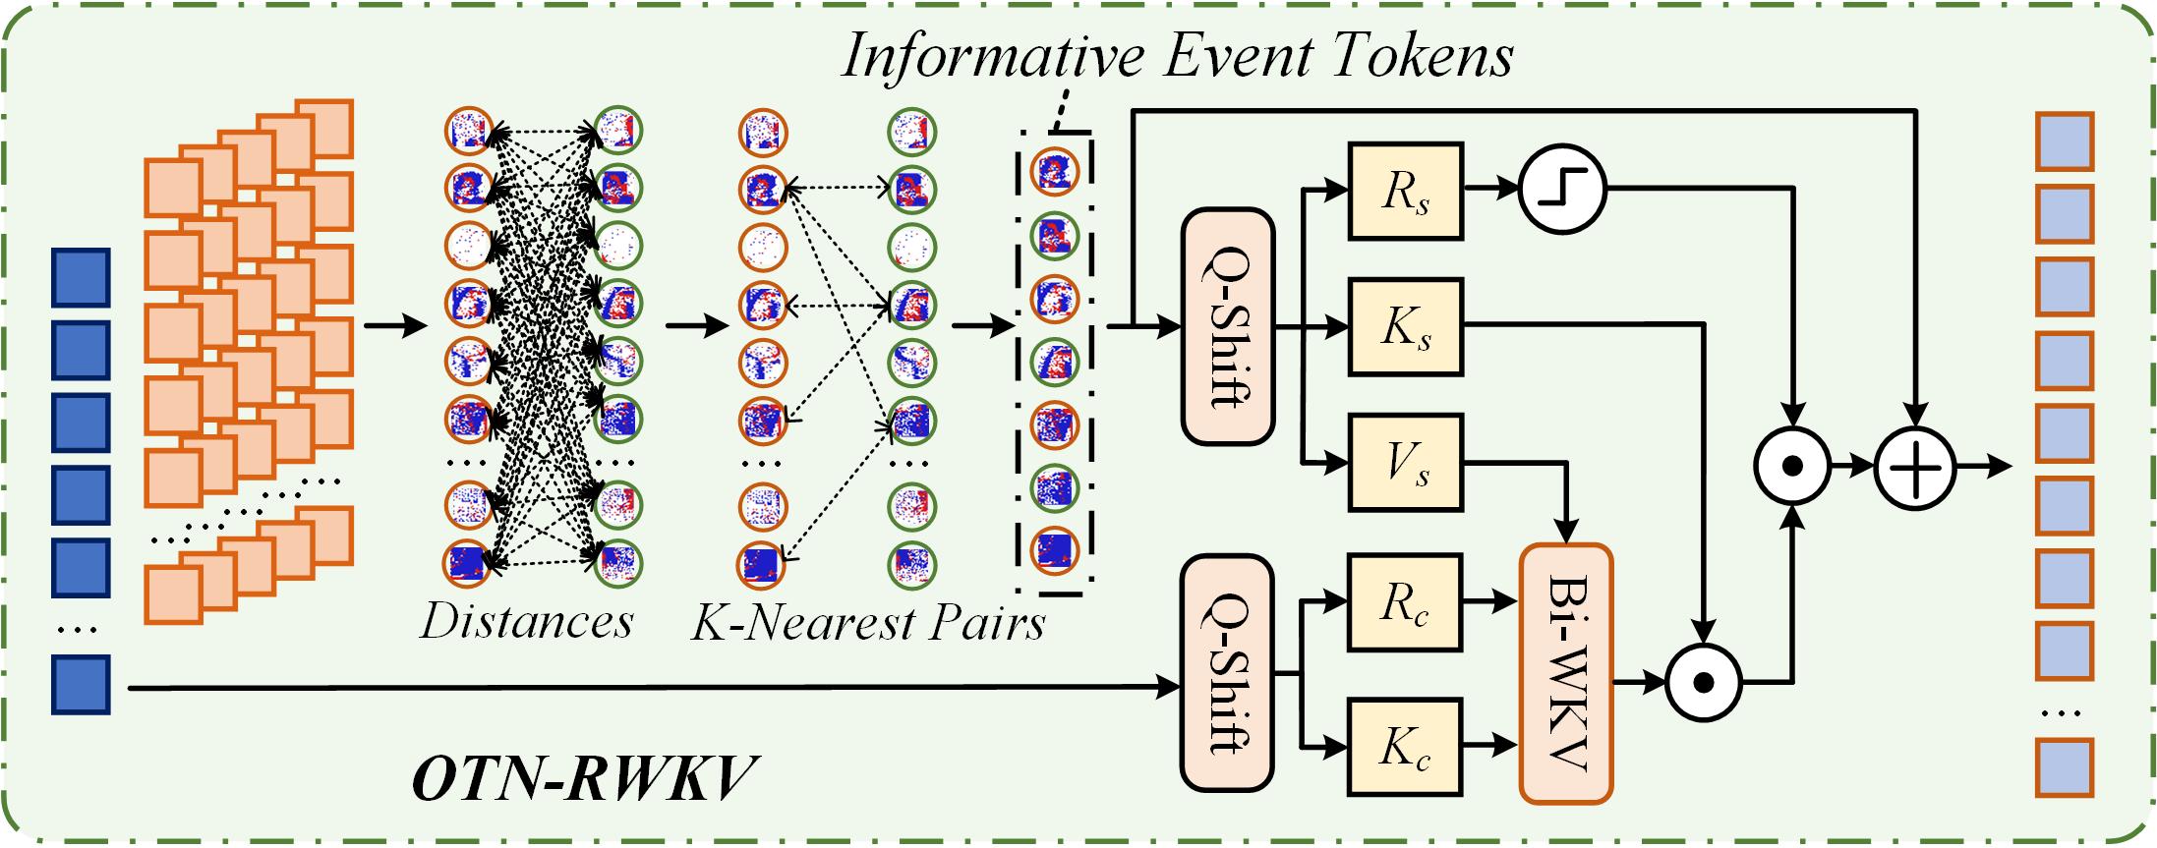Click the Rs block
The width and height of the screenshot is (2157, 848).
[1406, 191]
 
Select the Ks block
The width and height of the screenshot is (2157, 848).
[1406, 326]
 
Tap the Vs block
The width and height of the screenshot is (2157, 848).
[1406, 462]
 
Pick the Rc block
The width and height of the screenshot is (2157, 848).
[1406, 601]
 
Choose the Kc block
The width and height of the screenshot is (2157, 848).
[1406, 746]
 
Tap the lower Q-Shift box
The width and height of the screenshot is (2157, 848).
[1228, 673]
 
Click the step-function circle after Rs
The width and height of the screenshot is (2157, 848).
[1562, 191]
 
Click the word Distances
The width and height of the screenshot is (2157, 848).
[527, 621]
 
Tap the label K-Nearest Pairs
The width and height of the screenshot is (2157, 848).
[868, 621]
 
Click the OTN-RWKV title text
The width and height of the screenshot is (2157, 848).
[585, 784]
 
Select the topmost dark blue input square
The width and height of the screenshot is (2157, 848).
[81, 278]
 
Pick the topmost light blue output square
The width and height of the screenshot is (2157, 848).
[2064, 141]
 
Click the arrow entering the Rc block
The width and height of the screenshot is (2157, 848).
[1325, 601]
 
